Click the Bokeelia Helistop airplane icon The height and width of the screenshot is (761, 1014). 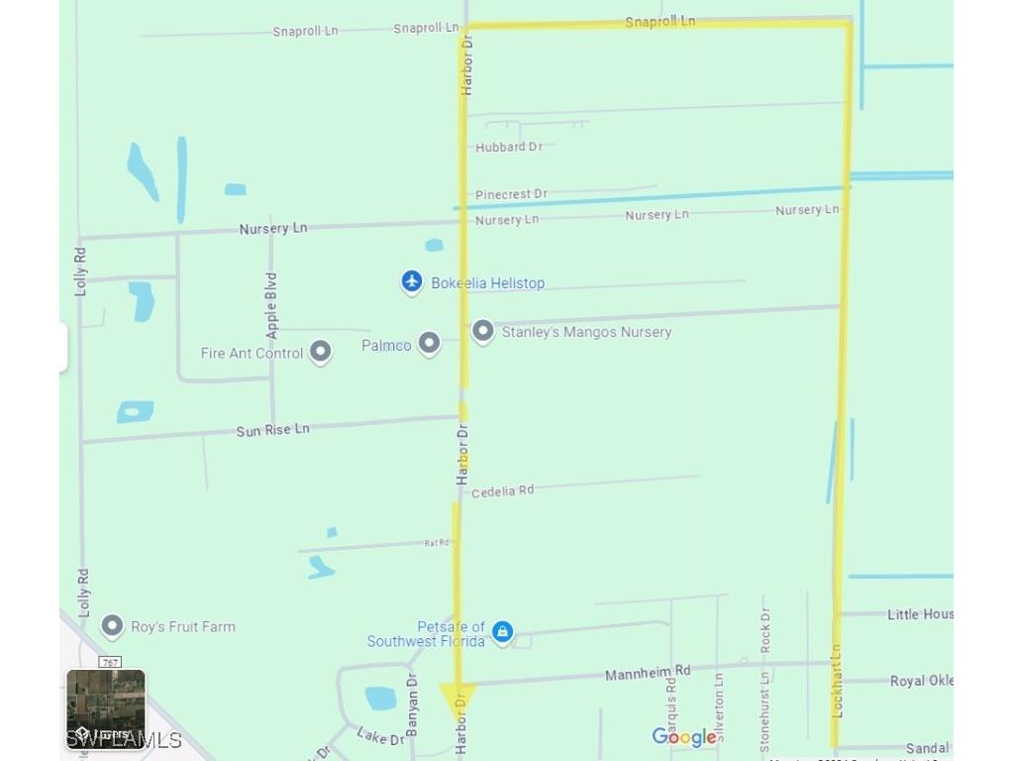[x=412, y=282]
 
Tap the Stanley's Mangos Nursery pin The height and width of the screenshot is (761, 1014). [x=482, y=331]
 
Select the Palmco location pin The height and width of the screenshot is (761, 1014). [x=429, y=343]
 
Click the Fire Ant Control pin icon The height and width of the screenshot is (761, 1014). [x=320, y=351]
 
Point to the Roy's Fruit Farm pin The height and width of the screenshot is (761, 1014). [x=113, y=625]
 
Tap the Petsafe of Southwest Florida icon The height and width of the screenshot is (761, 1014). [x=503, y=631]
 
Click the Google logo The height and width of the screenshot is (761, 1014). [x=684, y=737]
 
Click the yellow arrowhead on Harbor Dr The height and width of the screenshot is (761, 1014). [x=457, y=697]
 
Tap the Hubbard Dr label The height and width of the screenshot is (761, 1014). [x=509, y=147]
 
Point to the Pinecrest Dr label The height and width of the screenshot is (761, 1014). [x=511, y=194]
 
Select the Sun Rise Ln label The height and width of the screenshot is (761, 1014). [x=272, y=430]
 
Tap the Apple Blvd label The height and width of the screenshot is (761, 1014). [x=272, y=305]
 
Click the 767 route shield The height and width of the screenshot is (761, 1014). [x=110, y=662]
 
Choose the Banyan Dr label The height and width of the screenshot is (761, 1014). [x=413, y=704]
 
